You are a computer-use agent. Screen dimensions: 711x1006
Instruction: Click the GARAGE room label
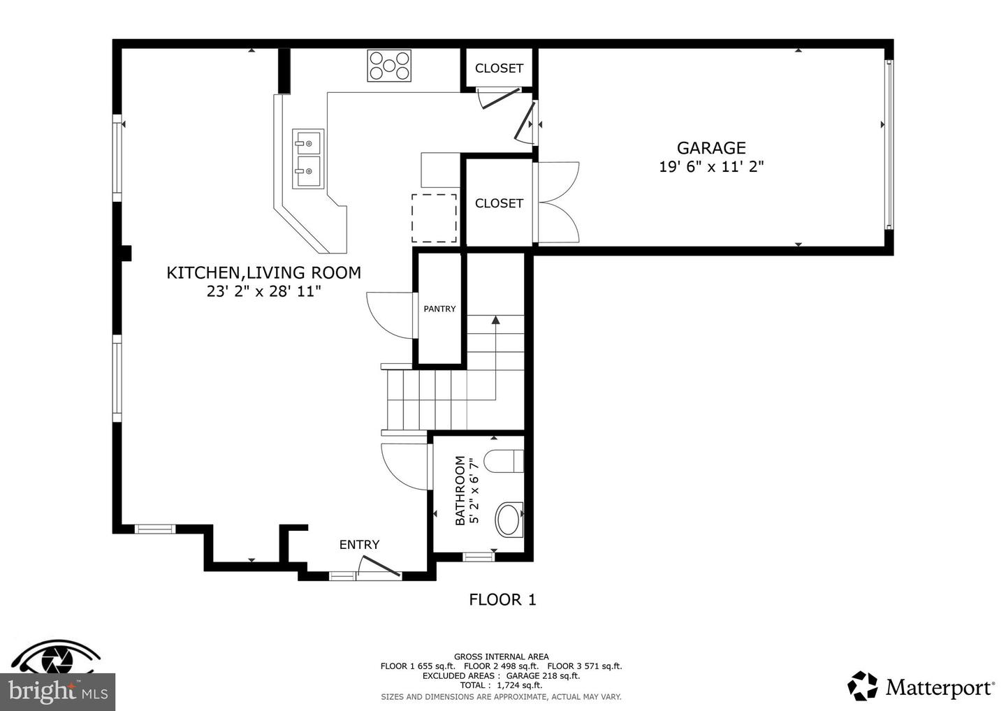[x=710, y=147]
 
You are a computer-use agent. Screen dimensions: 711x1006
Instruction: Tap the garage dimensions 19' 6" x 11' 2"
[x=710, y=167]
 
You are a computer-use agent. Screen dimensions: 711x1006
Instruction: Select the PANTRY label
[x=439, y=309]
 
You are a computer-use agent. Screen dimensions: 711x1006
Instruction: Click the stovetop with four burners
[x=389, y=66]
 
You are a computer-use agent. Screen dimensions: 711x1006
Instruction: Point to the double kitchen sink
[x=307, y=159]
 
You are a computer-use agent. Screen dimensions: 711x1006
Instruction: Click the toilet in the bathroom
[x=504, y=461]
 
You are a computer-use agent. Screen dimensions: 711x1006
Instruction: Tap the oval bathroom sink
[x=509, y=520]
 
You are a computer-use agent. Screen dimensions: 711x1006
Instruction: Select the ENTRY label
[x=359, y=545]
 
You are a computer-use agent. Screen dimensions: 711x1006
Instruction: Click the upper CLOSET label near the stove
[x=499, y=68]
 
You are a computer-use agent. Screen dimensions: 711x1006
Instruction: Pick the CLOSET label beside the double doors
[x=499, y=203]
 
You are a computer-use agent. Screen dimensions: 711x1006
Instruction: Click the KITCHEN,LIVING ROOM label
[x=263, y=272]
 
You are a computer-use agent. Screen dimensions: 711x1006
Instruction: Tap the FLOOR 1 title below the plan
[x=502, y=599]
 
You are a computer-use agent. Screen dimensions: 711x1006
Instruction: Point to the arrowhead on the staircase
[x=495, y=320]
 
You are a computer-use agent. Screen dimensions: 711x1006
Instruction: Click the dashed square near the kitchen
[x=434, y=218]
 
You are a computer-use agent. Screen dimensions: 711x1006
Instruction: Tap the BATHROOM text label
[x=460, y=490]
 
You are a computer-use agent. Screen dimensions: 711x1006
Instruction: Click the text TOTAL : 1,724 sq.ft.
[x=501, y=685]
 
